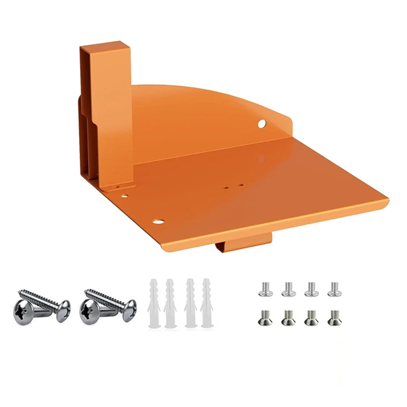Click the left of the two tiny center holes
pos(226,188)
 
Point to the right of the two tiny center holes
pos(241,185)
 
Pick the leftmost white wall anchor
pos(153,303)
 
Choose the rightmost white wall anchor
pos(206,303)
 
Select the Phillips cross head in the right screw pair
pos(90,312)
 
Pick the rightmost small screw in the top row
pos(334,289)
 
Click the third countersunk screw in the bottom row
pos(311,317)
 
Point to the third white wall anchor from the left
pos(189,303)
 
